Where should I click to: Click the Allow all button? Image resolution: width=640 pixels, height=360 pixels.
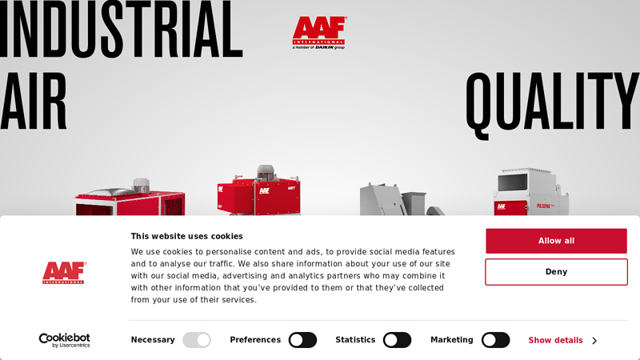[x=556, y=241]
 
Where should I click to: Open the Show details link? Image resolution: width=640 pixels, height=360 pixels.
[x=555, y=340]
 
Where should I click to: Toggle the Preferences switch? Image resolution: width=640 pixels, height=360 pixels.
[x=302, y=340]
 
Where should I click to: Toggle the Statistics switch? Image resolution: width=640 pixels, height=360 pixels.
[x=397, y=340]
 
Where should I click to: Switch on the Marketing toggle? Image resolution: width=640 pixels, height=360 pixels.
[x=495, y=340]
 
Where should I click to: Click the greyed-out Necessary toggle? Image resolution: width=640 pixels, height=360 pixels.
[x=197, y=340]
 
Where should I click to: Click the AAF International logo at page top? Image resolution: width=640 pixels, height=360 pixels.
[x=319, y=30]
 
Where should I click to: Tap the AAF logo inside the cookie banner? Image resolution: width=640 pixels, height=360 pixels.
[x=64, y=273]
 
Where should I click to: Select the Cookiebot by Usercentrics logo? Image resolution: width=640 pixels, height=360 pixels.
[x=64, y=340]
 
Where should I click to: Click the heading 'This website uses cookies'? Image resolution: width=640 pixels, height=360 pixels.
[x=186, y=236]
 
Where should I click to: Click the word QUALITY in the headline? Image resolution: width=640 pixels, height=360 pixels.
[x=552, y=102]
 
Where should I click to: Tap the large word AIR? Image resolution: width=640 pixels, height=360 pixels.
[x=34, y=102]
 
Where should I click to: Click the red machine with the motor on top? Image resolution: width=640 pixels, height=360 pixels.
[x=258, y=192]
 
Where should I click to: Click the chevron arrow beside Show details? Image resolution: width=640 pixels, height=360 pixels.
[x=594, y=341]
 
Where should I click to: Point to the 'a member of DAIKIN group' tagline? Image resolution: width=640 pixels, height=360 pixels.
[x=318, y=47]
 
